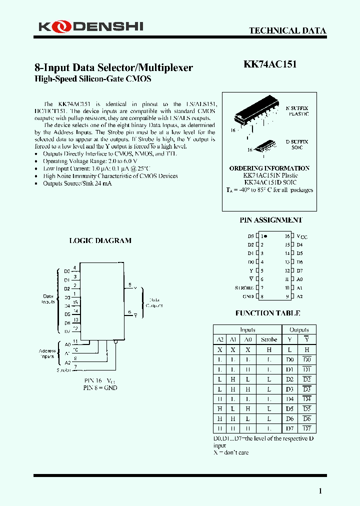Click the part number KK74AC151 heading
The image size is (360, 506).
[x=269, y=65]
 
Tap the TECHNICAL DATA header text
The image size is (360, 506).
[x=287, y=30]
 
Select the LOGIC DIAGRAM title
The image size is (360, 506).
[x=100, y=240]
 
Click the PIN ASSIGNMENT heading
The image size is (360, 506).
[x=270, y=220]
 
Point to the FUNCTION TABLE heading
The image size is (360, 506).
[x=267, y=313]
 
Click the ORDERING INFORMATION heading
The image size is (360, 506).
[x=269, y=168]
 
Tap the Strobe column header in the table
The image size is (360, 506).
[x=268, y=339]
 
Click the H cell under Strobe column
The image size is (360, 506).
[x=268, y=349]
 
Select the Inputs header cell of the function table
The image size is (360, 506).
[x=247, y=330]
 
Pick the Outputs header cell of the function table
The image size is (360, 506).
[x=299, y=330]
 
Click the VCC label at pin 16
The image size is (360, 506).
[x=301, y=236]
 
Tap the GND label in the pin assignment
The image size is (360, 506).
[x=248, y=296]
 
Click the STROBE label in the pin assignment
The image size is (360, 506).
[x=244, y=288]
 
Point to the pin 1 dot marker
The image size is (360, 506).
[x=265, y=235]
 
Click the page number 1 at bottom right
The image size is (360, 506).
[x=320, y=491]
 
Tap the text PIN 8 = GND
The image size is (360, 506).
[x=100, y=388]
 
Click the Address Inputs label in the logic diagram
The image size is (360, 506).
[x=47, y=353]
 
